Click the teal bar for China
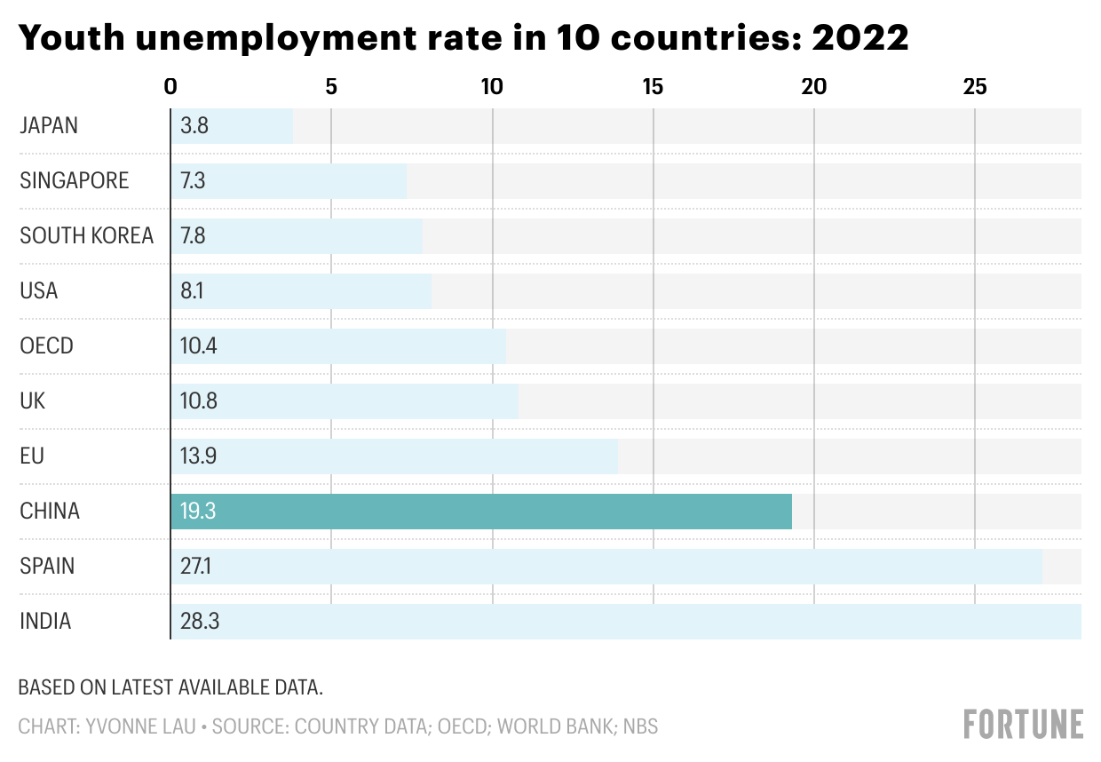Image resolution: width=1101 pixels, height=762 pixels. [480, 512]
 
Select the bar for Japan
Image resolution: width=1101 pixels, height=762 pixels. [232, 126]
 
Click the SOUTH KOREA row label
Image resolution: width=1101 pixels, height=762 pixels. [86, 236]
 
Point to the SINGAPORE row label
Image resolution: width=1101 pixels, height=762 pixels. [75, 181]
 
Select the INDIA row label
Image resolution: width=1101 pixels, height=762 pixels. [45, 622]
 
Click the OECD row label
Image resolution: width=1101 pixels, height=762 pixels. [46, 346]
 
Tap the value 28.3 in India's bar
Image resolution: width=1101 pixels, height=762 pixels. [199, 622]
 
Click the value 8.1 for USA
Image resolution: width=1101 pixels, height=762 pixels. [192, 291]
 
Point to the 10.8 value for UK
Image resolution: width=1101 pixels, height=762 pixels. [198, 401]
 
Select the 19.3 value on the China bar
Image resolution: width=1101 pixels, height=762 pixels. [197, 512]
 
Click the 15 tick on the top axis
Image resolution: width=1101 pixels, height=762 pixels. [653, 87]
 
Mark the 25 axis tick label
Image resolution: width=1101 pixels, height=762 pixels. [975, 87]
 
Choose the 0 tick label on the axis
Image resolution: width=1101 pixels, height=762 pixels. [170, 87]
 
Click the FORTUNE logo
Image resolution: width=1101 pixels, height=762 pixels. [1024, 724]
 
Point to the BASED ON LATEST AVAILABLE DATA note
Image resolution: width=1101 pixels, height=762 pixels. [170, 687]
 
